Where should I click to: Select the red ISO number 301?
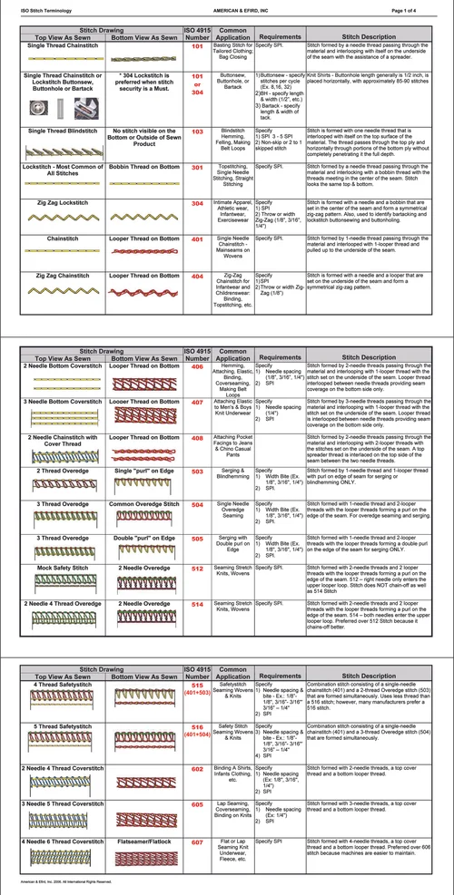click(x=197, y=168)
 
